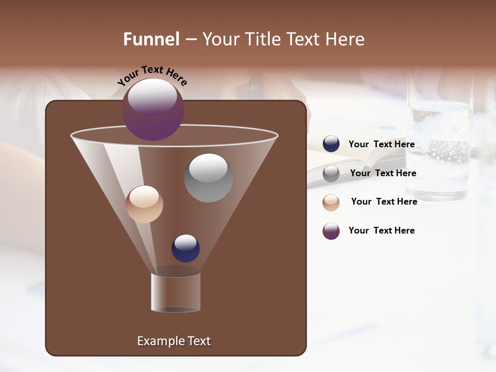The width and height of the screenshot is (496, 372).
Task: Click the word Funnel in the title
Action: tap(151, 39)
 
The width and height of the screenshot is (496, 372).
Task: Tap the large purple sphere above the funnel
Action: tap(153, 109)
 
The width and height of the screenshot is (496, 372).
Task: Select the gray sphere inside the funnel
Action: tap(208, 178)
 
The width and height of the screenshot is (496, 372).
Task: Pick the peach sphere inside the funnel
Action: tap(144, 204)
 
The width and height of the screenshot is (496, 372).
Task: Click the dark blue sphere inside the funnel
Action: tap(185, 248)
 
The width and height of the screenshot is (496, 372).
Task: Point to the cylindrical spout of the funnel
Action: tap(176, 292)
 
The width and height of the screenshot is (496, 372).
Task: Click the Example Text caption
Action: tap(174, 341)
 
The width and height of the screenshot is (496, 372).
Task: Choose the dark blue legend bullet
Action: tap(331, 144)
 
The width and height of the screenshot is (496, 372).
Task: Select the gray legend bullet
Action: tap(331, 174)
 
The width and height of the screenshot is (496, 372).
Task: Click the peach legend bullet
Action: tap(331, 203)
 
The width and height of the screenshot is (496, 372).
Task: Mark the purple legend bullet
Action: tap(331, 231)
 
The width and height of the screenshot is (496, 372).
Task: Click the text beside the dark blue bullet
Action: tap(381, 144)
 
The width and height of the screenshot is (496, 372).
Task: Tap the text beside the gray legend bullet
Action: tap(383, 173)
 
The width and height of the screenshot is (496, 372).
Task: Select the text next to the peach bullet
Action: tap(384, 202)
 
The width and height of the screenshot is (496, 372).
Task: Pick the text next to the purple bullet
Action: tap(381, 230)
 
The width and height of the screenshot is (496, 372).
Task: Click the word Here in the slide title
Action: tap(345, 39)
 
